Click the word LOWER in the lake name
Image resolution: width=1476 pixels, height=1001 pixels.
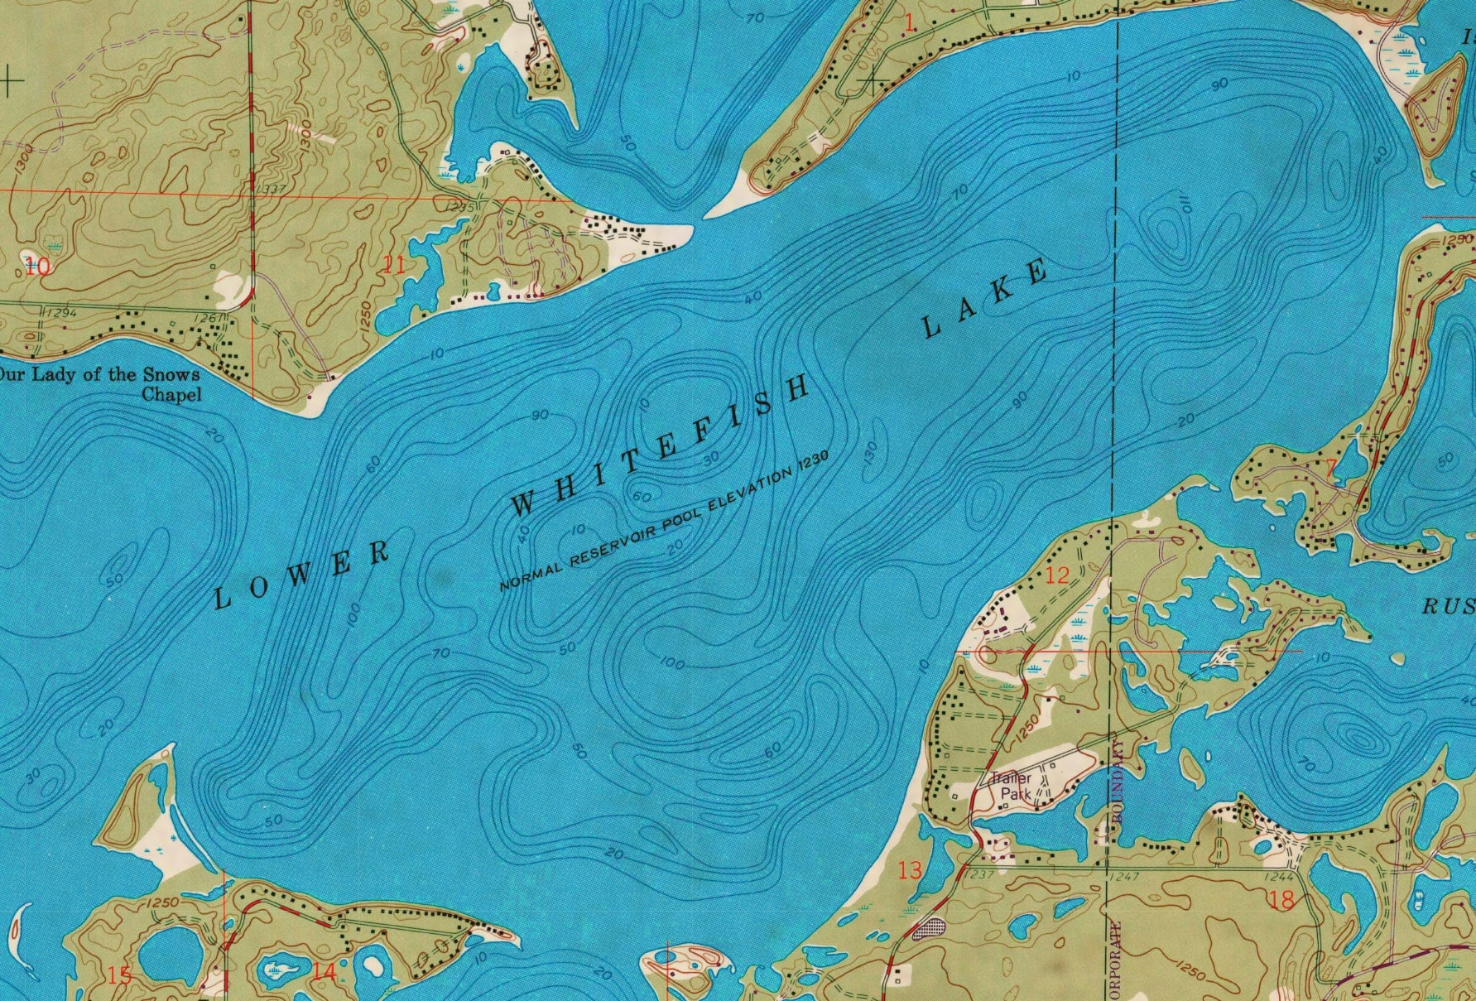click(302, 574)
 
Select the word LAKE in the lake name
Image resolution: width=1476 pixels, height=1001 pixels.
click(985, 300)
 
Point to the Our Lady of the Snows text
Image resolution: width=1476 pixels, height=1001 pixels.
click(99, 374)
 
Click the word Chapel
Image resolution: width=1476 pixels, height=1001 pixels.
click(171, 394)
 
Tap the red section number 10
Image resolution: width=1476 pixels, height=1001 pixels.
click(37, 266)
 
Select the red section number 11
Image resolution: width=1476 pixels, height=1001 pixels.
click(395, 266)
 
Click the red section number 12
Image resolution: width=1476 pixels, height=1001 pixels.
click(1057, 575)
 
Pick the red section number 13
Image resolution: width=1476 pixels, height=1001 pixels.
click(909, 870)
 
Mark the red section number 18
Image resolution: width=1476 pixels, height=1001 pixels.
click(1281, 899)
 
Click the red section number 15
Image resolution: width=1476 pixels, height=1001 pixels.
click(120, 975)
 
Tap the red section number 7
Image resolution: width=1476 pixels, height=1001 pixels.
click(1329, 469)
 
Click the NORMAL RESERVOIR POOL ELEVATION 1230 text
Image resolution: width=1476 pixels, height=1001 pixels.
click(663, 522)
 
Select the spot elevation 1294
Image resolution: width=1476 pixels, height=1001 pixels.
click(57, 313)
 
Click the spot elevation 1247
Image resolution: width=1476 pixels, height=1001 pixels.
click(1127, 876)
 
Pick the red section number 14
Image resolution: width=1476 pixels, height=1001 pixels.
click(324, 972)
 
